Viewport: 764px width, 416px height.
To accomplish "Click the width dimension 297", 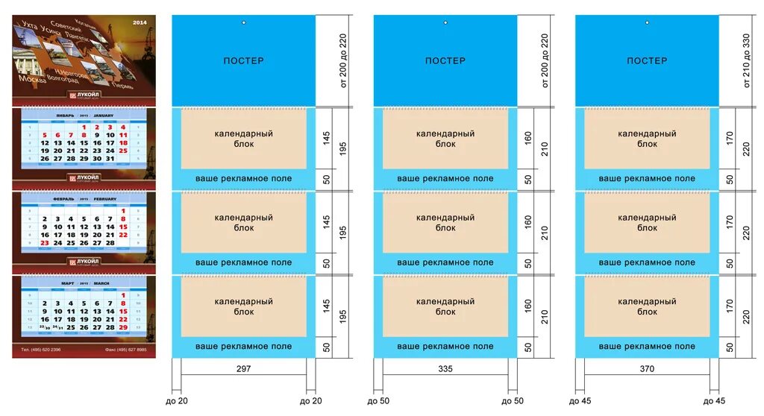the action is click(243, 368).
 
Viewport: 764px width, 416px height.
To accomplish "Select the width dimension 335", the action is click(445, 368).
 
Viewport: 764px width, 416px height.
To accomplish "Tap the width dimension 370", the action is click(647, 368).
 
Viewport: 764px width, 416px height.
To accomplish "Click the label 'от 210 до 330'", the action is click(745, 60).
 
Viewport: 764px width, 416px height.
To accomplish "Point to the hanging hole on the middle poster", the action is click(445, 22).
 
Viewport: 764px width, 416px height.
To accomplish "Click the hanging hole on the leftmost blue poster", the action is click(243, 22).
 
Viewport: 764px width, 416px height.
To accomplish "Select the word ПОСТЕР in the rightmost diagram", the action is click(647, 60).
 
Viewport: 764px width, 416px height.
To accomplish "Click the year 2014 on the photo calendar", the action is click(140, 23).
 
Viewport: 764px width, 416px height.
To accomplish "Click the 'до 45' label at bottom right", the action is click(715, 401).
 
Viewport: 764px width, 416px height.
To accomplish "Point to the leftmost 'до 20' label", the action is click(178, 401).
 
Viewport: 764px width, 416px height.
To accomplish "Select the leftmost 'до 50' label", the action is click(378, 401).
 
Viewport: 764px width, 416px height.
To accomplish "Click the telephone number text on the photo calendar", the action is click(41, 349).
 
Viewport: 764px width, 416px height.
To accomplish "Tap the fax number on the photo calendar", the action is click(126, 349).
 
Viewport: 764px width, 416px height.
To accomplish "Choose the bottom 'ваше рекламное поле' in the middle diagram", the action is click(445, 346).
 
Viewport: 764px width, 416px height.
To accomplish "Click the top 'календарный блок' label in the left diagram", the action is click(243, 138).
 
